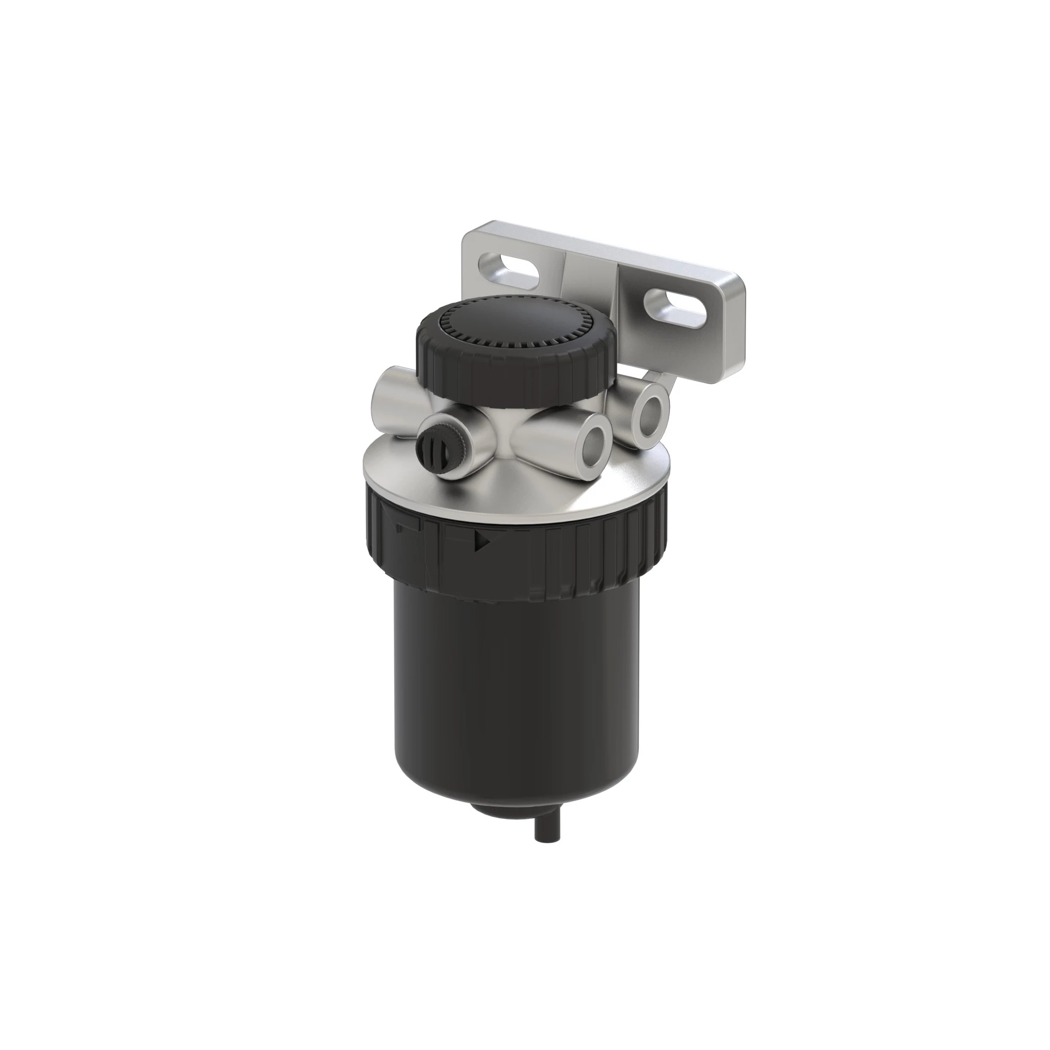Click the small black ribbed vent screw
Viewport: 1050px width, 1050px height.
click(428, 448)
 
